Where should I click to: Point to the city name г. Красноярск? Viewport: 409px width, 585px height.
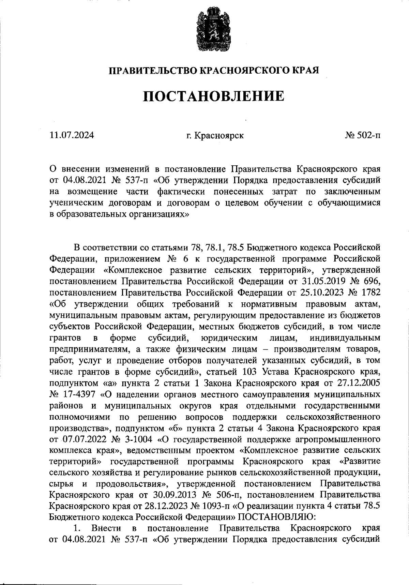[x=215, y=136]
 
